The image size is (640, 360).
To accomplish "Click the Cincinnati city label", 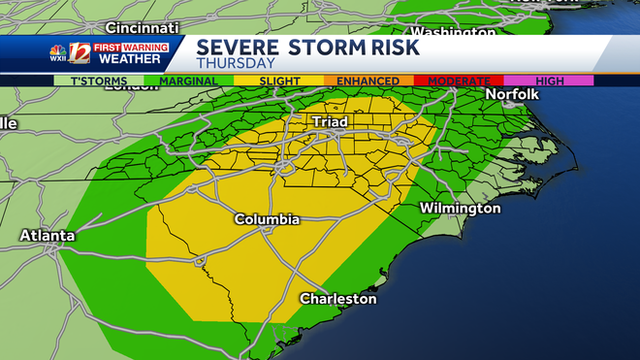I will point(144,26).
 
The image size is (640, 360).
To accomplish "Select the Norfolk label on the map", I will point(512,94).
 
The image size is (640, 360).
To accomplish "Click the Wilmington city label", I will point(460,209).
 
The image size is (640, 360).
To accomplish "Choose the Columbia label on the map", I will point(267,220).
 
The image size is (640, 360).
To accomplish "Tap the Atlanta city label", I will point(48,235).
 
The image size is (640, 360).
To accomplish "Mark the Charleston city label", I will point(337,299).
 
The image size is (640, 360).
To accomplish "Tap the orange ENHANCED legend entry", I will point(368,81).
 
